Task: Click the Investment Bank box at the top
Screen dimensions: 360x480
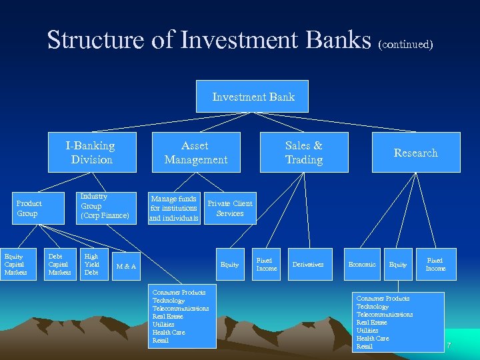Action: (253, 97)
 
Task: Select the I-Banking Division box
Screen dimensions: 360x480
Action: (91, 153)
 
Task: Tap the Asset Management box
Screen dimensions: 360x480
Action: (195, 153)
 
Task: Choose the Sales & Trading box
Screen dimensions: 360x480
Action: (303, 153)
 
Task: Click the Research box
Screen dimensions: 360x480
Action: (415, 153)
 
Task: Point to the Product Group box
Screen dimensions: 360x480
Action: (29, 209)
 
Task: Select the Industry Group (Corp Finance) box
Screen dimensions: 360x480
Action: (104, 206)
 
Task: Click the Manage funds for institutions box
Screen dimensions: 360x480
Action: (173, 208)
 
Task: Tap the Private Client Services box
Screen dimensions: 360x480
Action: (230, 209)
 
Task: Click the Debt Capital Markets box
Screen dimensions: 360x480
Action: (59, 264)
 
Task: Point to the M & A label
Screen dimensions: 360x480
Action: (126, 267)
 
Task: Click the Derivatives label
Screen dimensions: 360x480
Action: (308, 265)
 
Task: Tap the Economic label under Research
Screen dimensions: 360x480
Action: (362, 265)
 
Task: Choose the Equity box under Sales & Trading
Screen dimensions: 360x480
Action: (229, 265)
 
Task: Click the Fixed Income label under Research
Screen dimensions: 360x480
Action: (435, 264)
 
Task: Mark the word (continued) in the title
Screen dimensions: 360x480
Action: (405, 45)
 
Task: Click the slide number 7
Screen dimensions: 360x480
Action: (449, 345)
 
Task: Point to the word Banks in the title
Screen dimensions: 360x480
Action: (337, 40)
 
